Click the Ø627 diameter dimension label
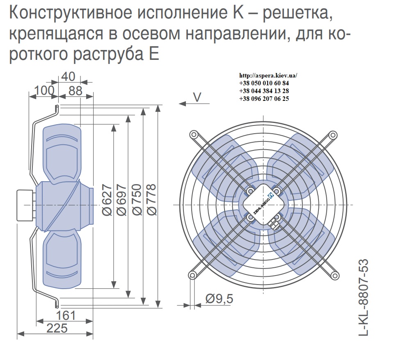[107, 200]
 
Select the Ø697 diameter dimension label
[122, 200]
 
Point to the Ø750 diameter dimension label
[137, 200]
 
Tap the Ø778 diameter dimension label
[152, 200]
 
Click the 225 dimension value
[57, 328]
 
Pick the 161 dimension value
[66, 316]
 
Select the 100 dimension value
[44, 90]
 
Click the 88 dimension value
[76, 91]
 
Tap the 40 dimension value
[68, 76]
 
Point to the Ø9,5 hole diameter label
[219, 299]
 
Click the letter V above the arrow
[197, 98]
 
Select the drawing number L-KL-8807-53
[364, 297]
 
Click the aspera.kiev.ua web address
[268, 75]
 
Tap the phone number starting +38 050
[264, 83]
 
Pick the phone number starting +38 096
[264, 99]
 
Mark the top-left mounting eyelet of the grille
[193, 134]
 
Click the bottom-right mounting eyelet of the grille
[335, 276]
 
